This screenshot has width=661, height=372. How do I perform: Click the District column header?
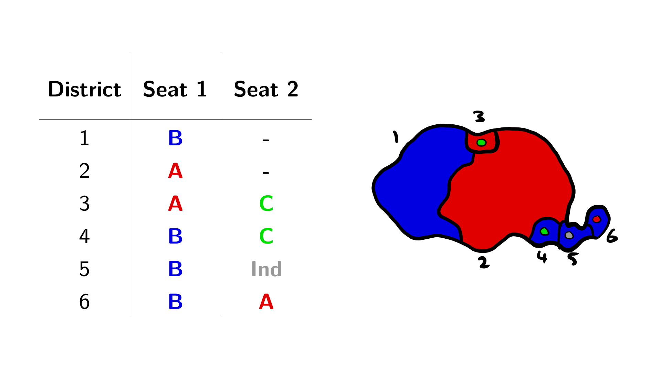pyautogui.click(x=84, y=89)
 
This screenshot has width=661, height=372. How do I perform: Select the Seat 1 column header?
pyautogui.click(x=175, y=89)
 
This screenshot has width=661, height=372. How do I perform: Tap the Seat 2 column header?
pyautogui.click(x=266, y=89)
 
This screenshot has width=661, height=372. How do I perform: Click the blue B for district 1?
pyautogui.click(x=175, y=138)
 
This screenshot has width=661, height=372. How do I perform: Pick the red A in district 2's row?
pyautogui.click(x=175, y=171)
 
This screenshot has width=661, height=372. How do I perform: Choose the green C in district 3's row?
pyautogui.click(x=266, y=204)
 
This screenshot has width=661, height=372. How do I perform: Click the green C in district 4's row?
pyautogui.click(x=266, y=236)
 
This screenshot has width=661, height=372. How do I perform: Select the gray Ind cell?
pyautogui.click(x=266, y=269)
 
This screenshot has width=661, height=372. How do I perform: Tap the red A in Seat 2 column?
pyautogui.click(x=266, y=302)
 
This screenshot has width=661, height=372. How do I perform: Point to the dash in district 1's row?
pyautogui.click(x=266, y=140)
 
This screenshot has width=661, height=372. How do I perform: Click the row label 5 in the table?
pyautogui.click(x=84, y=269)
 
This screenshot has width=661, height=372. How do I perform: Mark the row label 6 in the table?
pyautogui.click(x=84, y=302)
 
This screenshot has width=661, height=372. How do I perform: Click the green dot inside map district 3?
pyautogui.click(x=481, y=143)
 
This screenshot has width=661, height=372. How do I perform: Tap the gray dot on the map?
pyautogui.click(x=569, y=235)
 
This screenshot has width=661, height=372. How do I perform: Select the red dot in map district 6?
pyautogui.click(x=597, y=219)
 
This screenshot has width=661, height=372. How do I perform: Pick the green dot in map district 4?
pyautogui.click(x=544, y=231)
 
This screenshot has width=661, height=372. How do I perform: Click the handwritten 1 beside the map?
pyautogui.click(x=396, y=137)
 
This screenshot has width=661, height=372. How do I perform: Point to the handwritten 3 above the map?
pyautogui.click(x=479, y=117)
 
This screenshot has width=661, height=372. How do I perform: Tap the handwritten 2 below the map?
pyautogui.click(x=484, y=262)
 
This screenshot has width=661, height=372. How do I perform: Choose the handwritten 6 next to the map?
pyautogui.click(x=612, y=236)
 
